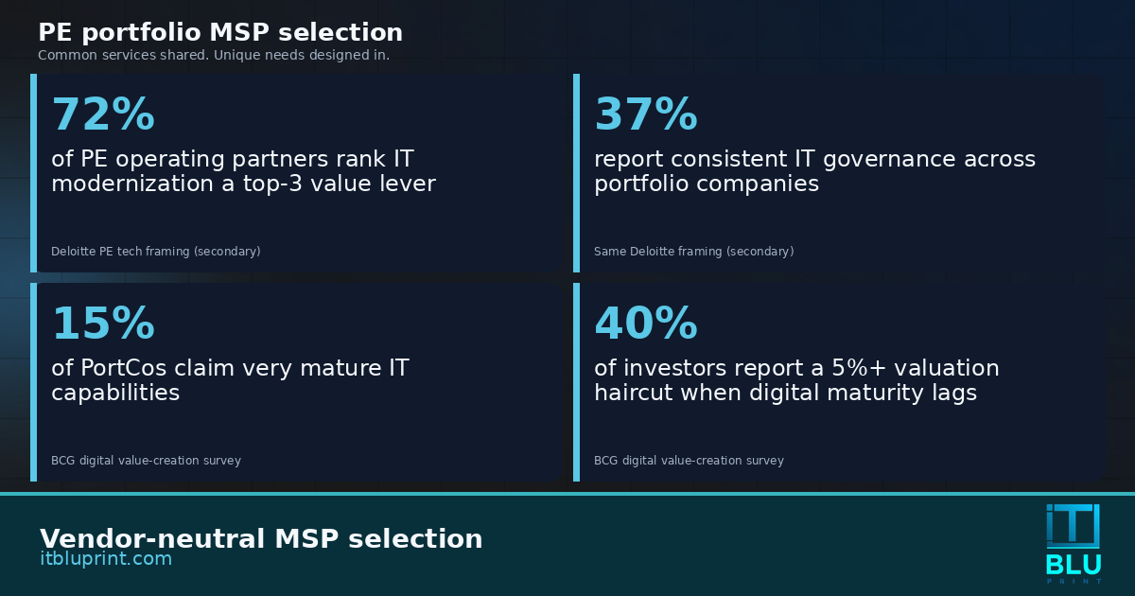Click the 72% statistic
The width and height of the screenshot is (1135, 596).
(x=103, y=114)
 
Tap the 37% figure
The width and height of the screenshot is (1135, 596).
(x=646, y=114)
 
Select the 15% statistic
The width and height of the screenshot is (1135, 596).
(x=103, y=324)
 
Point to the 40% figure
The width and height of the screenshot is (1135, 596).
(x=646, y=324)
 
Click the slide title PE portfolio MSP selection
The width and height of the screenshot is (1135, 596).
(x=220, y=32)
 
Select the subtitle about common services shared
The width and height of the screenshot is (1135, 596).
(x=214, y=55)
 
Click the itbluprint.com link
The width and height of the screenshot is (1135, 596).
(x=106, y=558)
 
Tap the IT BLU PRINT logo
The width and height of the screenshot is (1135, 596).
(x=1074, y=543)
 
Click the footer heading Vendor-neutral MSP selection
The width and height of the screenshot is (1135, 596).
(x=261, y=538)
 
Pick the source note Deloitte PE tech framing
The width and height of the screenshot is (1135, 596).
(x=155, y=252)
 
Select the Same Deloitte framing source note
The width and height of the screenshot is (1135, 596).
(x=693, y=252)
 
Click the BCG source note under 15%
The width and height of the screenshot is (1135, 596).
(x=146, y=461)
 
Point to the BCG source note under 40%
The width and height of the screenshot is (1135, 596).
(x=689, y=461)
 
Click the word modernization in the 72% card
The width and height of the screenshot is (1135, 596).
(x=132, y=184)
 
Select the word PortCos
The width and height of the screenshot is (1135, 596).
(x=123, y=368)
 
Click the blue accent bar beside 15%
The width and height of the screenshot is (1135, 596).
(x=33, y=382)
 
